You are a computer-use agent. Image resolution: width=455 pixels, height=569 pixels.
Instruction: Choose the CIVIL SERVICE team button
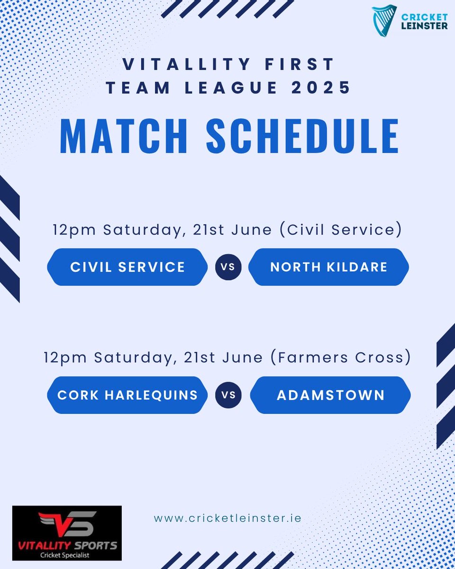(127, 267)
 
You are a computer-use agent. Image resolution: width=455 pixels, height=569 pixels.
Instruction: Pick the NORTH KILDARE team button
(328, 267)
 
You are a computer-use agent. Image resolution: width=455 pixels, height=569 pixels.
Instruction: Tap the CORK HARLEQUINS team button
(127, 395)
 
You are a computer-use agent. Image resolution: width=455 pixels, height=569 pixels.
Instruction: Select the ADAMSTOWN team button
(330, 395)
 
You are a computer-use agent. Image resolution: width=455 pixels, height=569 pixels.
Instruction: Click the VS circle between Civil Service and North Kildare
(228, 267)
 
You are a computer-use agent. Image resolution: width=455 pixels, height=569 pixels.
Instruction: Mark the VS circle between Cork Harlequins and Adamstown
(228, 395)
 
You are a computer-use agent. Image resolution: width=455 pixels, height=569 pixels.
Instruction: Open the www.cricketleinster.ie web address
(227, 517)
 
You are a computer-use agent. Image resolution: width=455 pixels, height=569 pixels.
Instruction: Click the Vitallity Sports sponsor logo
(67, 533)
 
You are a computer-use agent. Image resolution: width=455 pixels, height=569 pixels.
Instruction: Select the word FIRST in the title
(297, 64)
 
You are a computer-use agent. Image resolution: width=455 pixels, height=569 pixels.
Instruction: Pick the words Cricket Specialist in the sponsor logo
(67, 554)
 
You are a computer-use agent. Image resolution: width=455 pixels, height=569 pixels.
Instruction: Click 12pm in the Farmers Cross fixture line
(65, 358)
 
